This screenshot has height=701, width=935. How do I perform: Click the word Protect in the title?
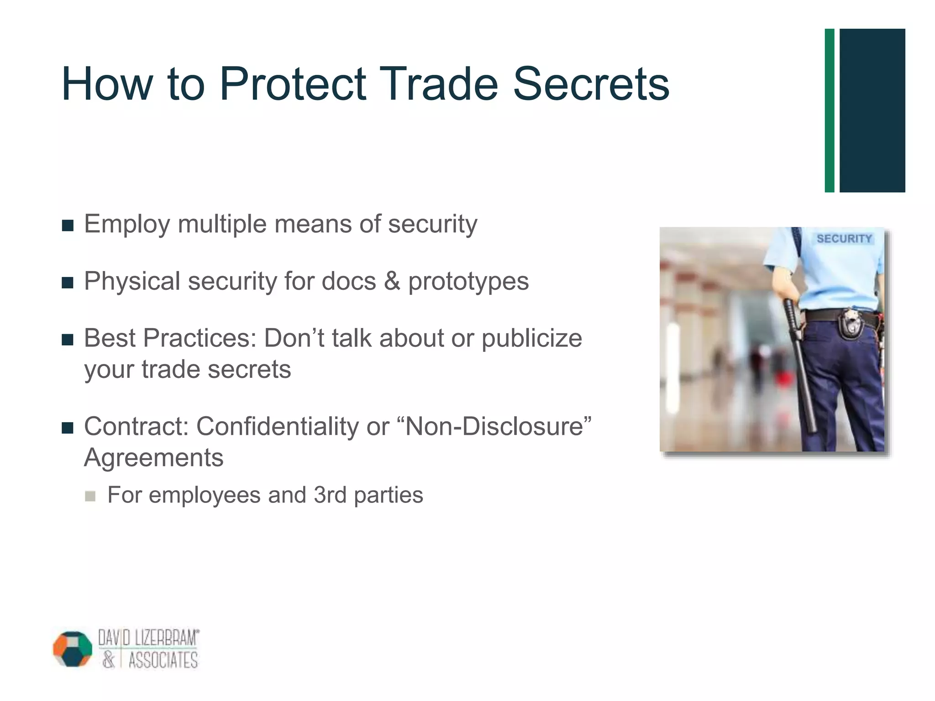click(292, 84)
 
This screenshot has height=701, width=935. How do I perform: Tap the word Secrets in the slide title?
click(591, 84)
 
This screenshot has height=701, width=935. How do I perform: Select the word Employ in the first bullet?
click(127, 225)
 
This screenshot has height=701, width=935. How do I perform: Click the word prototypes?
click(468, 282)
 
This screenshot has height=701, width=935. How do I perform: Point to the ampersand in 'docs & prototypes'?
click(392, 281)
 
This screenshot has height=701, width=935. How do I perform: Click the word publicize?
click(532, 339)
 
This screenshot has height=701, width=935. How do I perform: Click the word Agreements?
click(154, 458)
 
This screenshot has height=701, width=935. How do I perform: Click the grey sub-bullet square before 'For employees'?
click(90, 496)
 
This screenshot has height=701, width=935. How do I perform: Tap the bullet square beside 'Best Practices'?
click(68, 340)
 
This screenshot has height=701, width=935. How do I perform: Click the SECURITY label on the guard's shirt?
click(844, 239)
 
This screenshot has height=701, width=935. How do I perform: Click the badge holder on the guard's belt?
click(849, 324)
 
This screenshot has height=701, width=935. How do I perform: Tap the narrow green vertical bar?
click(830, 110)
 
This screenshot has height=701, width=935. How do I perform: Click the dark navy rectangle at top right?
click(872, 110)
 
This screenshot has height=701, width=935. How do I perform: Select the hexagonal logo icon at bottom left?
click(73, 649)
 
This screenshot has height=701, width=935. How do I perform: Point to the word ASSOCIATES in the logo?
click(163, 660)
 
